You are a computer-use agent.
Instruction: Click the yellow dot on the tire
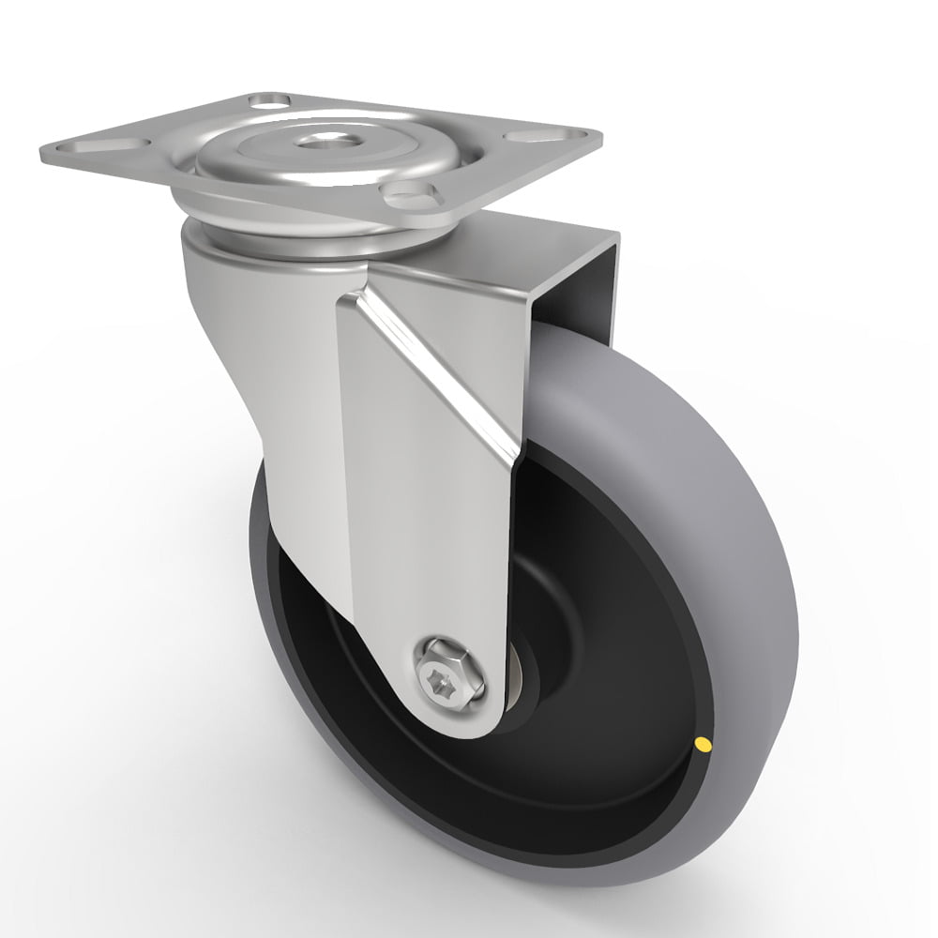(701, 746)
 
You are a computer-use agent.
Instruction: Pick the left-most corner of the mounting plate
(42, 152)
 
